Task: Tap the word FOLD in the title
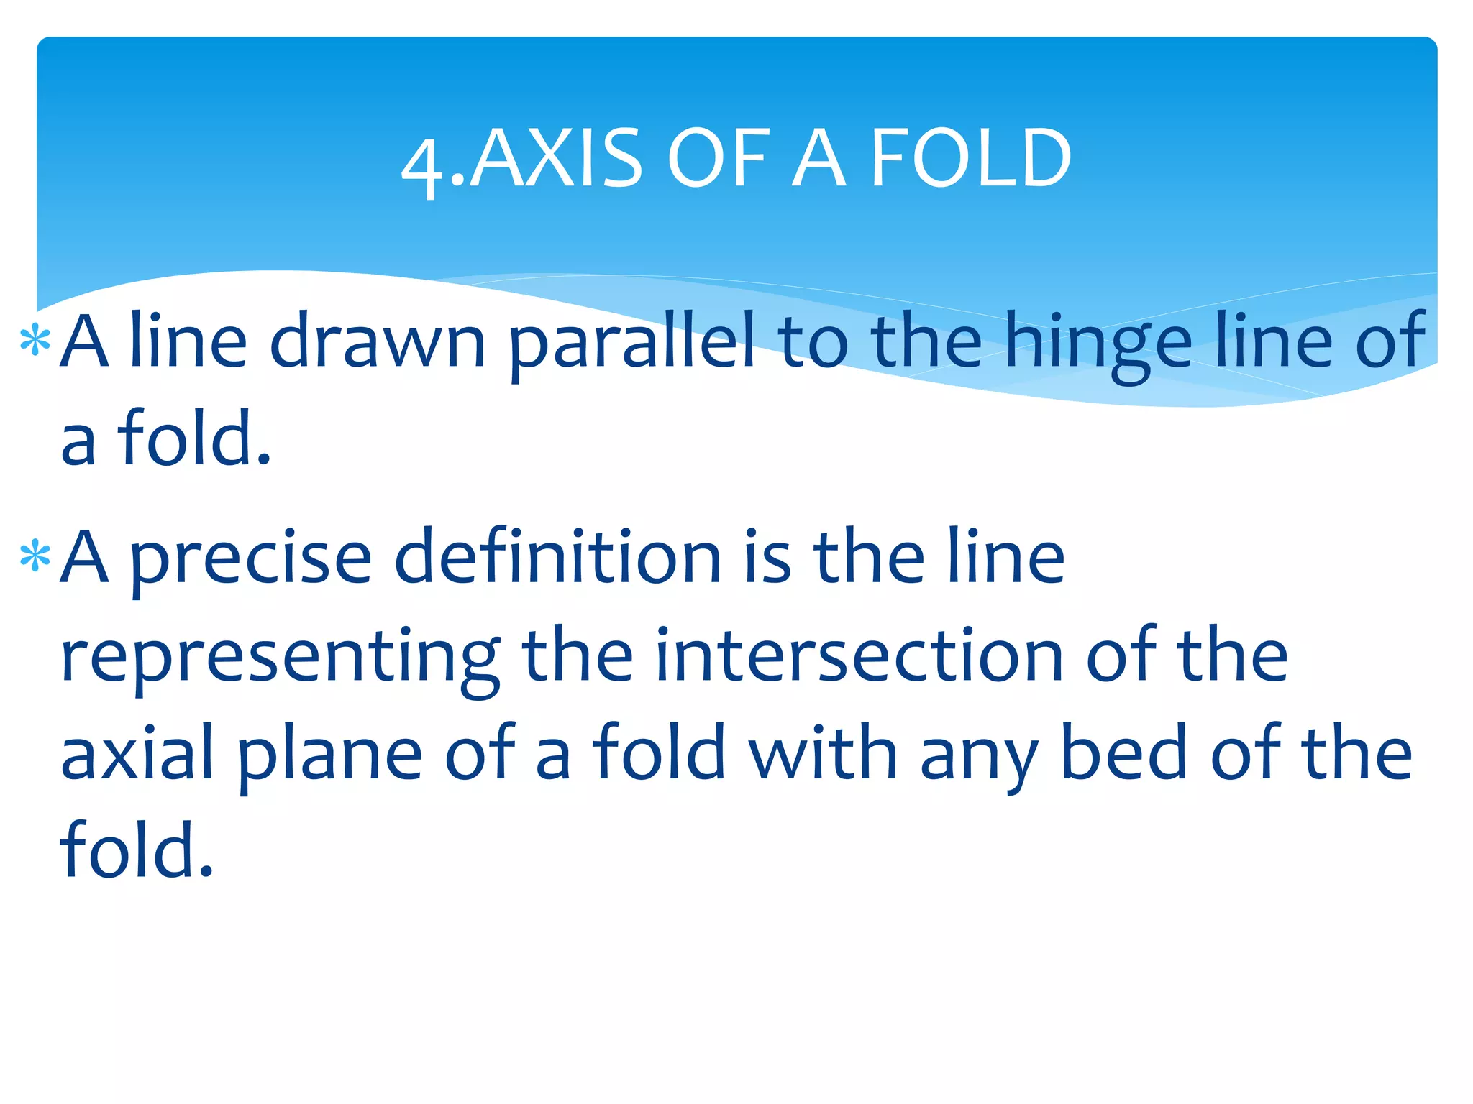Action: pyautogui.click(x=972, y=159)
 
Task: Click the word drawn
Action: pyautogui.click(x=378, y=341)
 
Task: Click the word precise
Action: pyautogui.click(x=251, y=559)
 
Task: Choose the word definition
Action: pyautogui.click(x=558, y=556)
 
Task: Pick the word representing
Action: pyautogui.click(x=281, y=658)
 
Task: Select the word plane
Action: pyautogui.click(x=330, y=756)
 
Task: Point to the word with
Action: pyautogui.click(x=823, y=753)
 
